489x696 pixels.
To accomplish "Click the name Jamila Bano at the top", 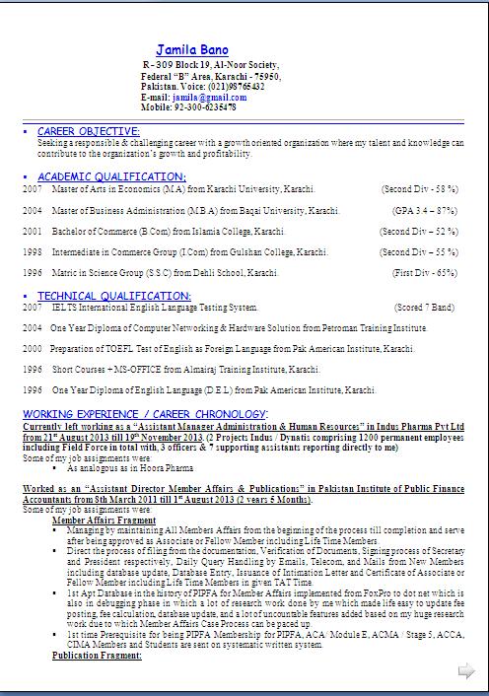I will (192, 49).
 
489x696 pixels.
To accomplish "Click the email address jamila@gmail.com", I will (203, 98).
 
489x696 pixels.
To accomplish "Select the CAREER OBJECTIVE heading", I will (88, 131).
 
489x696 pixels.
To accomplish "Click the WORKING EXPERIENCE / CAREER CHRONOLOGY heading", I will (145, 413).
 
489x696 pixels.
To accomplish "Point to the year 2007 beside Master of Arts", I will (33, 188).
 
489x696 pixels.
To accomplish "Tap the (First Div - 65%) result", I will (425, 272).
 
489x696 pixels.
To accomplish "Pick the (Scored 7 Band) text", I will (425, 308).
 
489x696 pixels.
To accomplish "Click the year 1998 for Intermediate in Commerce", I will (33, 252).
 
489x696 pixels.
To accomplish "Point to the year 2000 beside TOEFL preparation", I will (33, 349).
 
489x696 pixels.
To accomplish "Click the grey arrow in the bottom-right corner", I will (465, 671).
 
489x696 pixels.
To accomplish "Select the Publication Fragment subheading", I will (97, 655).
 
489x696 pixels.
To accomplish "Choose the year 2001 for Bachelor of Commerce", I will (33, 232).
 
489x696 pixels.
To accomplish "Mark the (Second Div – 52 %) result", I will (419, 232).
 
